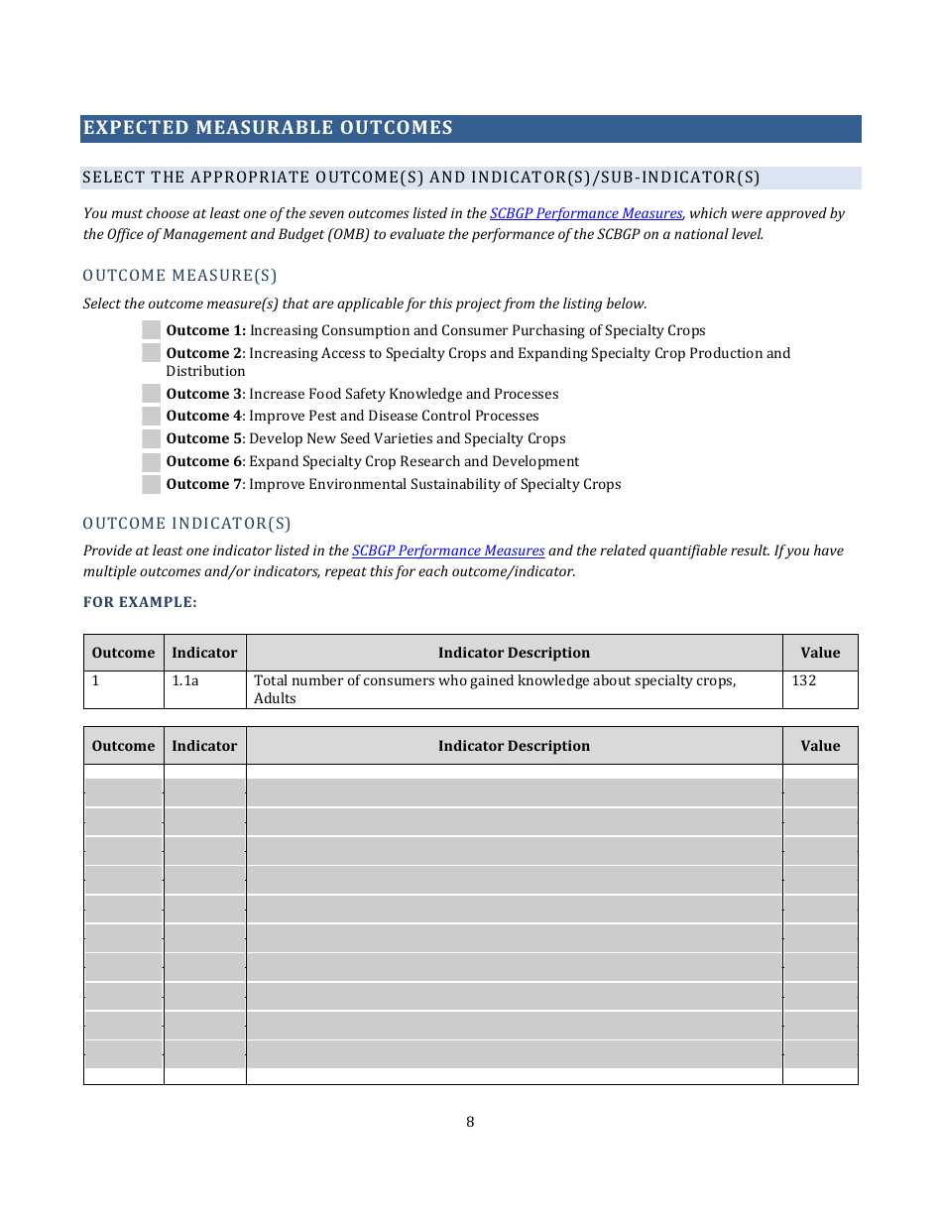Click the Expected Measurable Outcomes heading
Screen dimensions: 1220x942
[268, 128]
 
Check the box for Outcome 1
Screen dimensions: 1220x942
[151, 330]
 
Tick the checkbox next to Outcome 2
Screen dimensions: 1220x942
[151, 353]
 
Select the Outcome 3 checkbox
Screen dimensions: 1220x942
[151, 394]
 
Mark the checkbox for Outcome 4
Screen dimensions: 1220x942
[151, 417]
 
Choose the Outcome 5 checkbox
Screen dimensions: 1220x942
[151, 439]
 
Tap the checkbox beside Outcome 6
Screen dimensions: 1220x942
[151, 462]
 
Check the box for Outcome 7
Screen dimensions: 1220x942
[151, 485]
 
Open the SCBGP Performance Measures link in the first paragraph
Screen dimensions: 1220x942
[586, 213]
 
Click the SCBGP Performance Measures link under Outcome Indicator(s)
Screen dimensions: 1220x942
[448, 550]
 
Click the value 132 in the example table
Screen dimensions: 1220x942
[804, 681]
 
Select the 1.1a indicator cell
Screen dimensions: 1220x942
[185, 681]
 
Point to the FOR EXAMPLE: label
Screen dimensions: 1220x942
[140, 602]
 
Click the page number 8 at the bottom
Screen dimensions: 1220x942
[470, 1122]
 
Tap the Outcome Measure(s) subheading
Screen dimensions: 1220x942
[179, 275]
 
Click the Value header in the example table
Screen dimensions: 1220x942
[820, 653]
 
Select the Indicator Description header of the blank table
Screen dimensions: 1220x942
[514, 746]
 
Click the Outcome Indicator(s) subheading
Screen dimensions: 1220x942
[186, 523]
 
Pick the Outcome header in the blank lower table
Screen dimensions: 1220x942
[123, 746]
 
